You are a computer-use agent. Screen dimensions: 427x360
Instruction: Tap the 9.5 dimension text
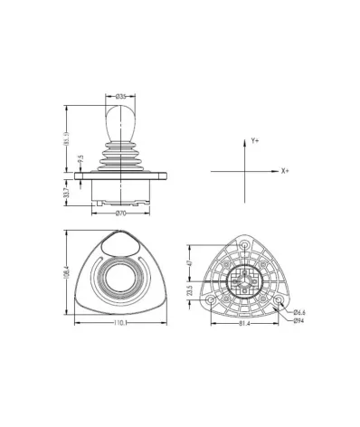81,159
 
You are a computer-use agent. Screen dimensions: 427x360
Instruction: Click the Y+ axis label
256,141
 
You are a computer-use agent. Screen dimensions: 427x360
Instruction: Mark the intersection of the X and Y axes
246,170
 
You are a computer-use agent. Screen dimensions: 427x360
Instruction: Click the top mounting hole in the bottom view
244,243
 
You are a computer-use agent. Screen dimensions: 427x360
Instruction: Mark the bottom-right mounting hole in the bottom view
279,299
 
